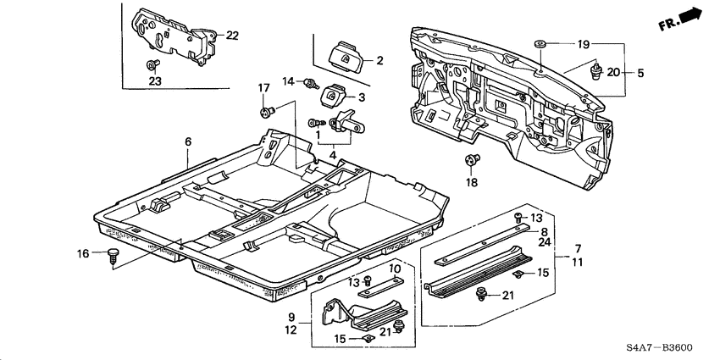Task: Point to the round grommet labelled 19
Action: click(x=538, y=42)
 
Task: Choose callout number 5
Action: click(x=640, y=73)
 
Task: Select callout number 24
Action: click(x=543, y=241)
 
